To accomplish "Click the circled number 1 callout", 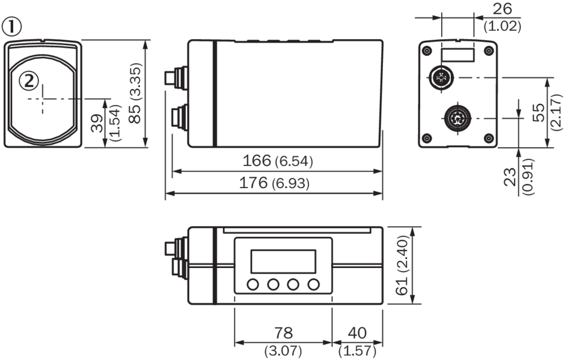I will pyautogui.click(x=13, y=26).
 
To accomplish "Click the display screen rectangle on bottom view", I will pyautogui.click(x=282, y=261).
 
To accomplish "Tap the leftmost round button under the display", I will pyautogui.click(x=253, y=284).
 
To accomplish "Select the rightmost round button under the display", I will pyautogui.click(x=313, y=284).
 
